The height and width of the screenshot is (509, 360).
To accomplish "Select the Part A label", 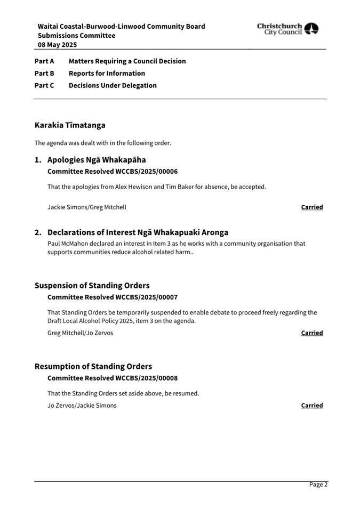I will pyautogui.click(x=44, y=61).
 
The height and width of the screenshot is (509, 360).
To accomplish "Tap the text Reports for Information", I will pyautogui.click(x=107, y=74).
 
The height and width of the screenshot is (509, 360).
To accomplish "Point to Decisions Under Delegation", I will pyautogui.click(x=113, y=85).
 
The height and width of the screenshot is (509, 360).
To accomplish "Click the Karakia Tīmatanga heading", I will pyautogui.click(x=70, y=125).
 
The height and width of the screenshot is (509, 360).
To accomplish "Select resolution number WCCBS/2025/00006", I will pyautogui.click(x=146, y=172).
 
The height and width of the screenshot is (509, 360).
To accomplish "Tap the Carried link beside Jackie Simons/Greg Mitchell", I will pyautogui.click(x=311, y=207).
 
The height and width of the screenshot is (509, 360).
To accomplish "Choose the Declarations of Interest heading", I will pyautogui.click(x=138, y=232).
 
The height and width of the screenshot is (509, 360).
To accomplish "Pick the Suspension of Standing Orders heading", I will pyautogui.click(x=92, y=286).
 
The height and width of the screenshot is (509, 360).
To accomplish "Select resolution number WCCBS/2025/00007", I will pyautogui.click(x=146, y=297).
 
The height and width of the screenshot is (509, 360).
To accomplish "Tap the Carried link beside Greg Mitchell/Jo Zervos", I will pyautogui.click(x=311, y=333).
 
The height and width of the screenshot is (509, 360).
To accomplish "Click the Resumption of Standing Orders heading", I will pyautogui.click(x=93, y=366).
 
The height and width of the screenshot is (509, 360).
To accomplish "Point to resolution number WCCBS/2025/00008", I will pyautogui.click(x=146, y=378).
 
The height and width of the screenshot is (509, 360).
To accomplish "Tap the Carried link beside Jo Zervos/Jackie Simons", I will pyautogui.click(x=311, y=405).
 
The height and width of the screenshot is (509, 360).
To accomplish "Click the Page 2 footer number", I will pyautogui.click(x=318, y=484).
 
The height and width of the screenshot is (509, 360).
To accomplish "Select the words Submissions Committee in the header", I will pyautogui.click(x=76, y=36).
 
